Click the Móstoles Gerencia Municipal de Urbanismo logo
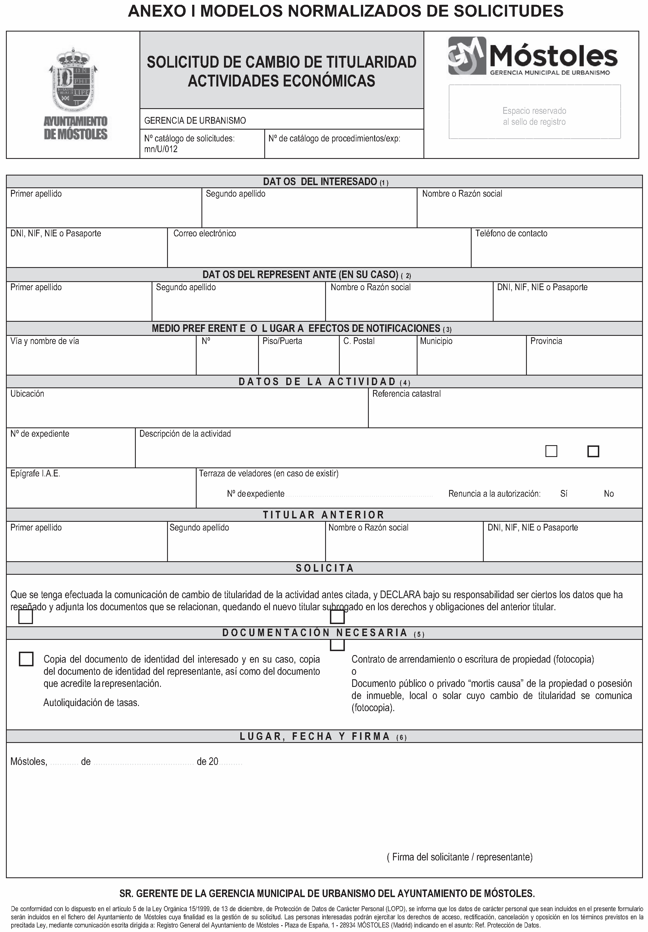[x=533, y=56]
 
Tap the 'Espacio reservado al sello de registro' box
[x=534, y=112]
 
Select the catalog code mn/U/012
[x=161, y=149]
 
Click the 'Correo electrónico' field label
[x=205, y=233]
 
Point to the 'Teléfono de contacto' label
[x=511, y=233]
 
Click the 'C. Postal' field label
[x=359, y=341]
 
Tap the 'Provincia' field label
[x=546, y=341]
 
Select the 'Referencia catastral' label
[x=407, y=394]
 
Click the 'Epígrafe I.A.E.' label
[x=35, y=473]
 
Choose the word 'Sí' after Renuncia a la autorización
[x=563, y=494]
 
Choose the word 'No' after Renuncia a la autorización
[x=609, y=494]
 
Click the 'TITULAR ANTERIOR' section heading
[x=324, y=515]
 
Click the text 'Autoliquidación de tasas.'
[x=91, y=703]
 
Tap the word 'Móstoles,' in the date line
[x=29, y=762]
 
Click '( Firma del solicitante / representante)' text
[x=460, y=857]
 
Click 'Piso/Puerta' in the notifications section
[x=282, y=341]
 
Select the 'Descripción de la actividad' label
[x=185, y=434]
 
